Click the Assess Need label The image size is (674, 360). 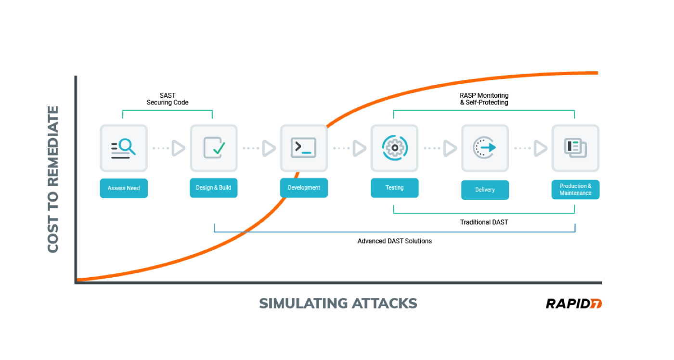pyautogui.click(x=124, y=188)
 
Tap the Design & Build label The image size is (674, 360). pyautogui.click(x=213, y=188)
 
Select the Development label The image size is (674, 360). pyautogui.click(x=304, y=188)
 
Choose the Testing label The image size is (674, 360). pyautogui.click(x=395, y=188)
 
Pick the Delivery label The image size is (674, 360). pyautogui.click(x=485, y=190)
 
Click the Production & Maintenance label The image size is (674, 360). pyautogui.click(x=575, y=190)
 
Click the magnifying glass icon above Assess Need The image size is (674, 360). pyautogui.click(x=124, y=148)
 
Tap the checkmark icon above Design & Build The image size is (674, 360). pyautogui.click(x=214, y=148)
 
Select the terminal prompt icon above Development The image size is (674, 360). pyautogui.click(x=304, y=148)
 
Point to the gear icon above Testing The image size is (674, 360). pyautogui.click(x=395, y=148)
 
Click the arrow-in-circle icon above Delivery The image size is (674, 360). pyautogui.click(x=485, y=148)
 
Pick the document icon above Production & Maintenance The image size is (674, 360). pyautogui.click(x=575, y=148)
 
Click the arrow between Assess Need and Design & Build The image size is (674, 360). pyautogui.click(x=178, y=148)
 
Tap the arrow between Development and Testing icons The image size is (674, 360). pyautogui.click(x=359, y=148)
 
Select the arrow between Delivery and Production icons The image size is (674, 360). pyautogui.click(x=541, y=148)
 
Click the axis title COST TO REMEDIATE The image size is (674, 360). pyautogui.click(x=53, y=179)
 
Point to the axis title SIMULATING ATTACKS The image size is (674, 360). pyautogui.click(x=338, y=303)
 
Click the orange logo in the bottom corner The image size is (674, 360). pyautogui.click(x=596, y=304)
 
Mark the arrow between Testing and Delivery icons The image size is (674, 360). pyautogui.click(x=450, y=148)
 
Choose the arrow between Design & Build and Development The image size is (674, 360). pyautogui.click(x=269, y=148)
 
